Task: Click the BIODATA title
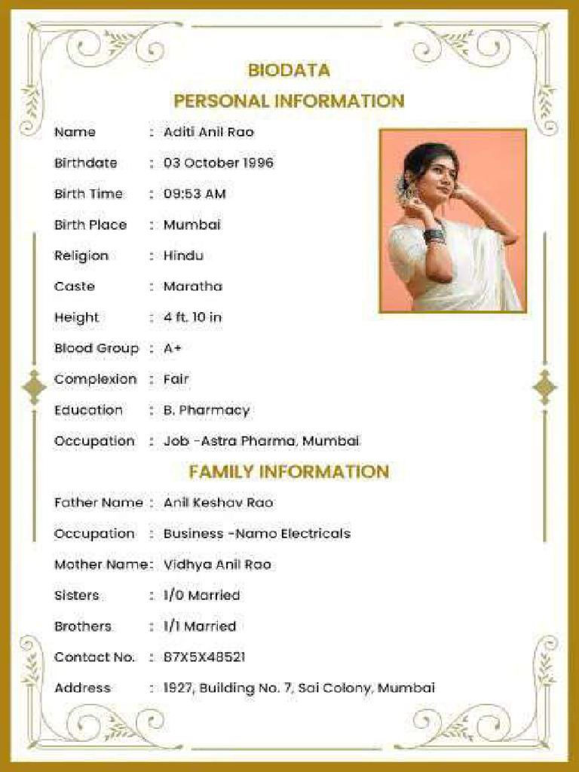click(x=289, y=70)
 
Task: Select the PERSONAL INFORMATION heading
click(x=289, y=101)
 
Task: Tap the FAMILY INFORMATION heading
click(x=289, y=472)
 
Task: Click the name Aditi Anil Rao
click(x=209, y=132)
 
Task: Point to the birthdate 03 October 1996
click(x=219, y=163)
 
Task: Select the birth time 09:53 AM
click(x=195, y=194)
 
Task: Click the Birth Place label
click(x=90, y=225)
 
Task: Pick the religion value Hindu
click(x=183, y=256)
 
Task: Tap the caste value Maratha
click(x=193, y=286)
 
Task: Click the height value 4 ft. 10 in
click(x=192, y=317)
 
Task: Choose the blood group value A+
click(x=173, y=348)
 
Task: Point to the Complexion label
click(x=96, y=379)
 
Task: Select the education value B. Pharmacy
click(x=207, y=410)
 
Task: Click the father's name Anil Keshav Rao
click(x=219, y=503)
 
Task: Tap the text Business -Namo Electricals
click(x=257, y=534)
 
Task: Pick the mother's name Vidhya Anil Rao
click(x=217, y=565)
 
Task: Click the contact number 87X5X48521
click(x=204, y=657)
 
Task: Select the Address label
click(x=82, y=688)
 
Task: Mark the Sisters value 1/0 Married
click(x=201, y=596)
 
